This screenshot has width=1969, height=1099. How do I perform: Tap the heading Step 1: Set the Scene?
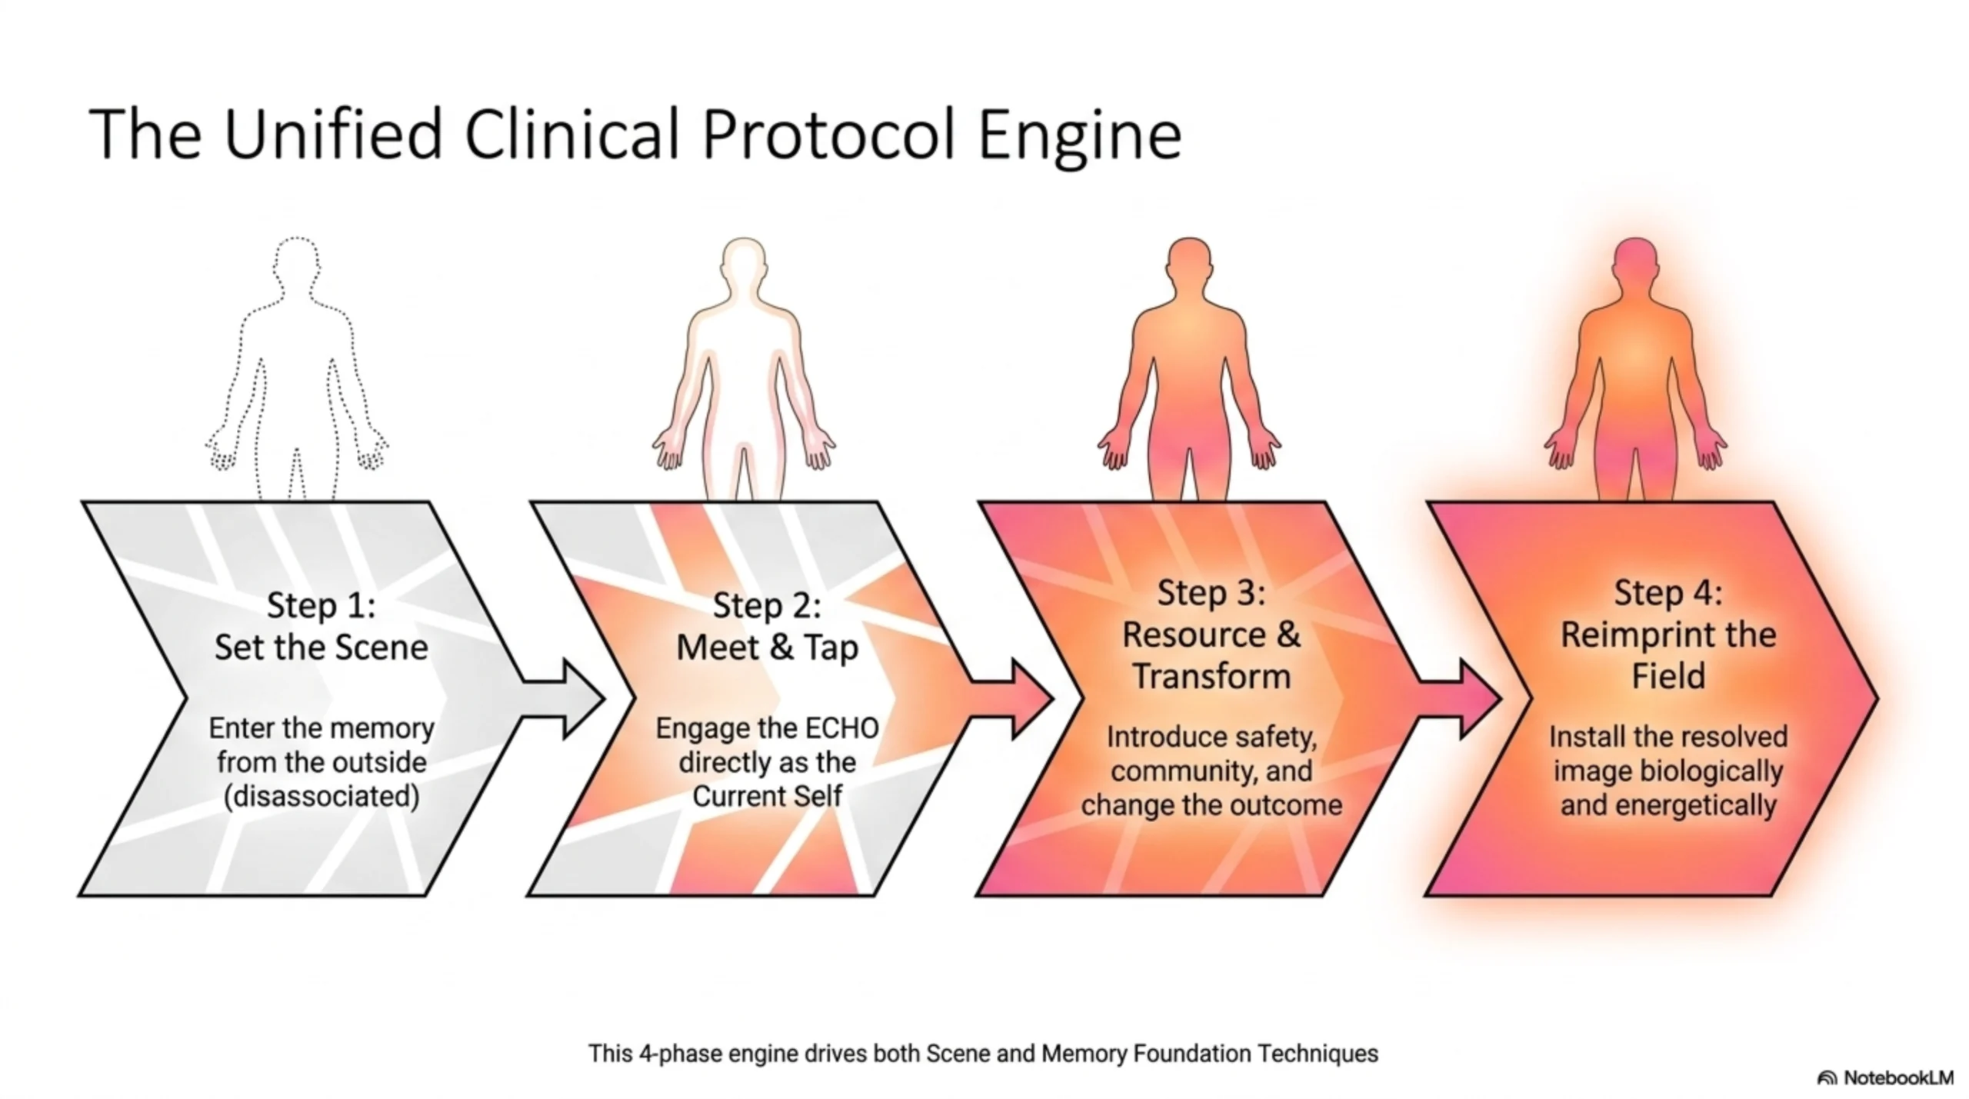(321, 626)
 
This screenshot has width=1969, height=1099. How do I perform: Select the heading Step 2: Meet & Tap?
(767, 626)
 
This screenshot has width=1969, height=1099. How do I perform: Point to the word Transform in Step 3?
(1211, 677)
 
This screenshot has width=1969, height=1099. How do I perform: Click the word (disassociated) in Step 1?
(322, 797)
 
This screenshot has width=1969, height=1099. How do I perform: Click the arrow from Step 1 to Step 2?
(561, 699)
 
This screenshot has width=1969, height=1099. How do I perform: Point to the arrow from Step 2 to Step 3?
(1010, 699)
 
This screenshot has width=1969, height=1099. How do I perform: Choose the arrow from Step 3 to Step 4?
(1458, 699)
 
